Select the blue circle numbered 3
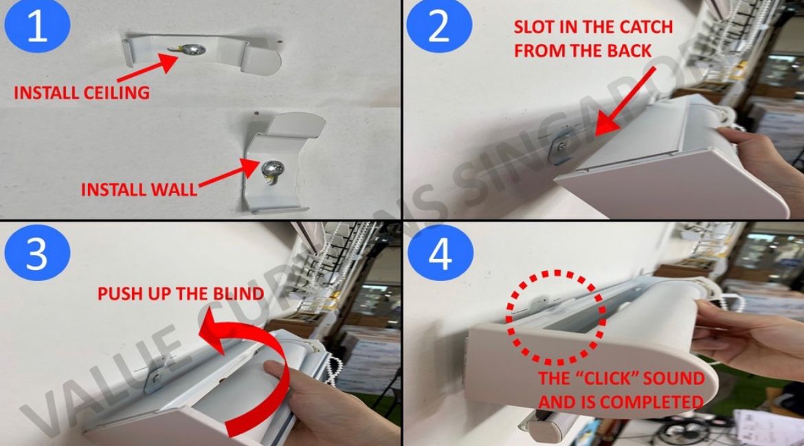point(37,254)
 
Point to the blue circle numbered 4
point(440,254)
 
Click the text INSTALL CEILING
point(82,93)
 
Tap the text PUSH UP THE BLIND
point(181,293)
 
